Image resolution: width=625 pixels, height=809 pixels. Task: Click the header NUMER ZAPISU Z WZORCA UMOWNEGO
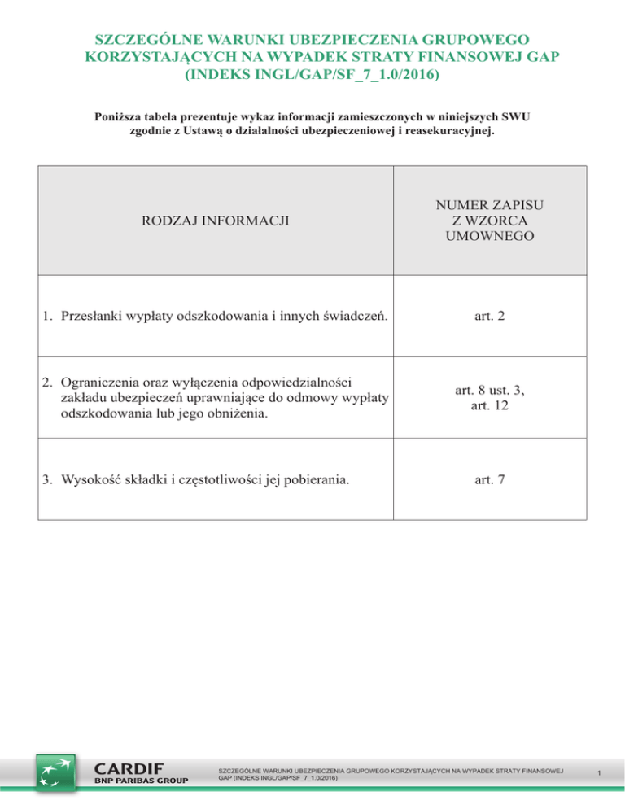tap(489, 221)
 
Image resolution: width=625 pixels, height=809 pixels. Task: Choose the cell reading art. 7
tap(489, 479)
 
